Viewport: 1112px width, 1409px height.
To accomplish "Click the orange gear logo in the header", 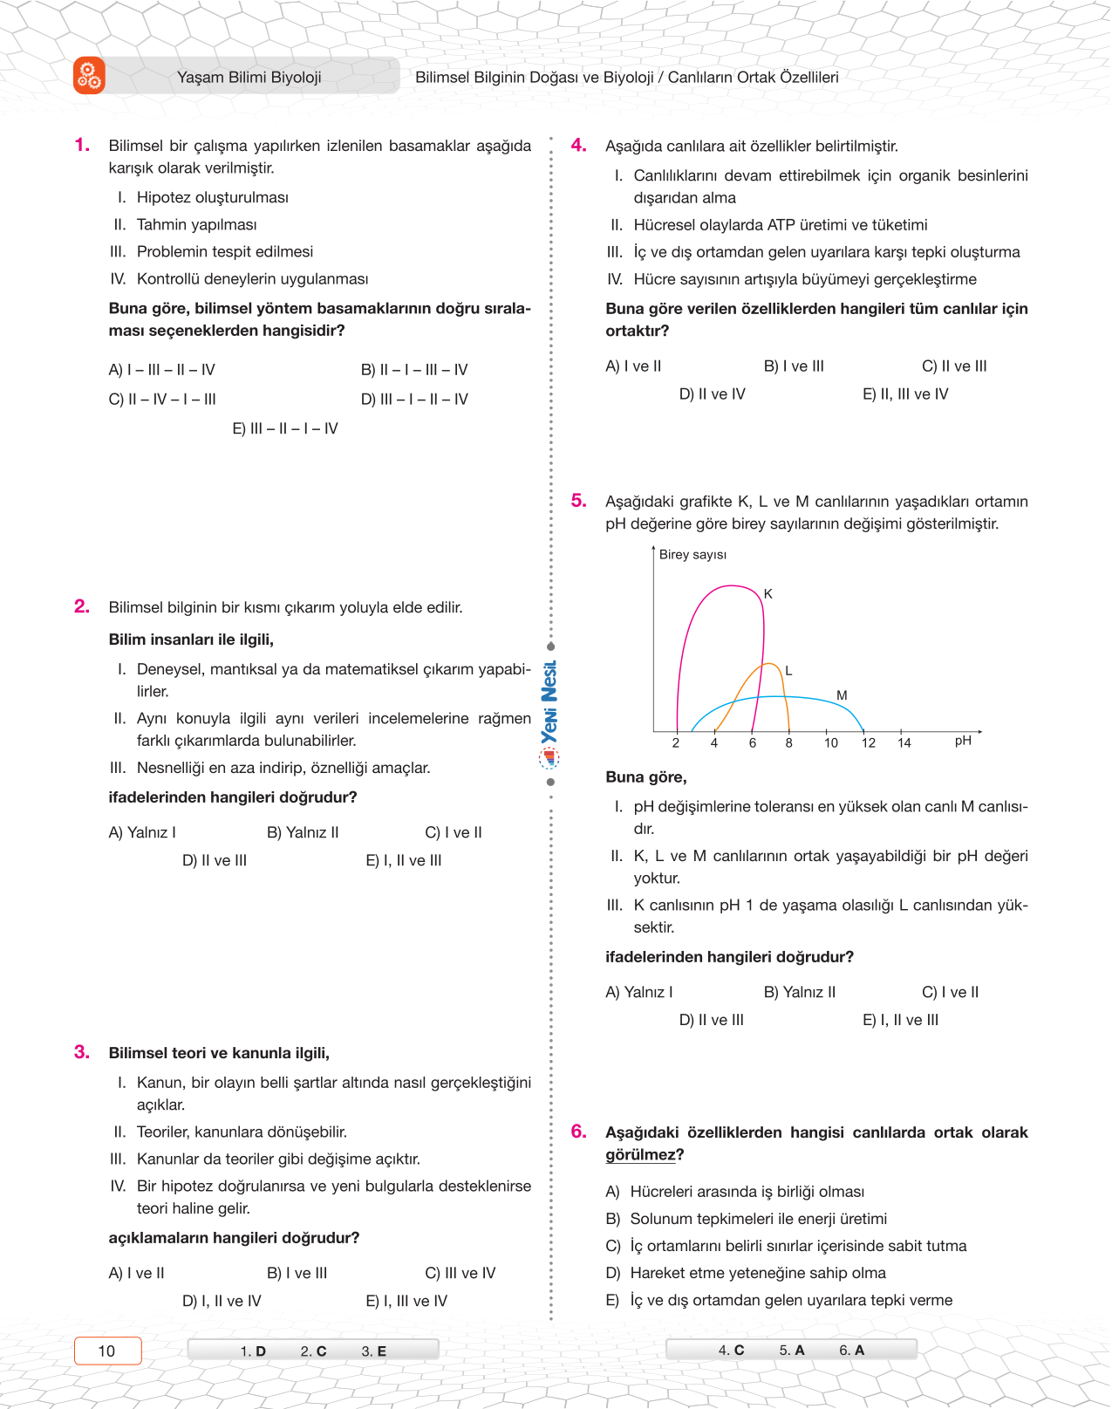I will (x=89, y=76).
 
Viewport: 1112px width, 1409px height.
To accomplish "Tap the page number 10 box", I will (x=107, y=1351).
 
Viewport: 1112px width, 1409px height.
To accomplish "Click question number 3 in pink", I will (x=82, y=1052).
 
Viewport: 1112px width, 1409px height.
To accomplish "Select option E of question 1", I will (x=285, y=428).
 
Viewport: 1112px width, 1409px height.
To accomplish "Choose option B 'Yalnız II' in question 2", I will (x=303, y=832).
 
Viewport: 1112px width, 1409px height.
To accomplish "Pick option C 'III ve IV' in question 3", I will (x=460, y=1273).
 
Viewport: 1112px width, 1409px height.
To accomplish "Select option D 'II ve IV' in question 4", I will (x=712, y=394).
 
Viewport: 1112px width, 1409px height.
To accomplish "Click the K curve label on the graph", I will (x=768, y=594).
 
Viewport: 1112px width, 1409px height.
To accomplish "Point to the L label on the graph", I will (x=788, y=671).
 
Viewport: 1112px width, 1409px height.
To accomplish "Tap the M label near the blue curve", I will (x=842, y=695).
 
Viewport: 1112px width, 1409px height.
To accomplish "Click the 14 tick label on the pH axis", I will (x=904, y=743).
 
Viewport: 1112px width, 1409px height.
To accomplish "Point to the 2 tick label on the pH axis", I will (x=676, y=743).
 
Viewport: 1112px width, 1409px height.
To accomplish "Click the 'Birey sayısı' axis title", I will (x=692, y=555).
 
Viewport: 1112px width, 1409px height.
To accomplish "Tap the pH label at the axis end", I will (x=963, y=741).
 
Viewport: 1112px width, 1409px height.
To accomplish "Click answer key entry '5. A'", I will (x=792, y=1351).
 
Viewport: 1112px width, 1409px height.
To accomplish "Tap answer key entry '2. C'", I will (x=313, y=1351).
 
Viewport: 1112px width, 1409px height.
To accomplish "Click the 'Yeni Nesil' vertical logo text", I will (x=549, y=702).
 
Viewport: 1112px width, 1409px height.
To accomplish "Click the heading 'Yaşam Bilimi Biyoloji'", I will (x=249, y=77).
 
